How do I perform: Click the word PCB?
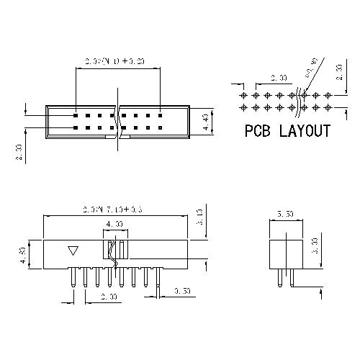[x=258, y=131]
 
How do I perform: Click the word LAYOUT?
[x=305, y=131]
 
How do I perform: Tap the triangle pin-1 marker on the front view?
[x=72, y=251]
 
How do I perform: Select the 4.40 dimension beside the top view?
[x=206, y=120]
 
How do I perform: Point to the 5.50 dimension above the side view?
[x=284, y=214]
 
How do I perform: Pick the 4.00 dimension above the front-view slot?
[x=113, y=225]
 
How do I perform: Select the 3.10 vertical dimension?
[x=199, y=217]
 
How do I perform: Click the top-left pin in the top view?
[x=75, y=114]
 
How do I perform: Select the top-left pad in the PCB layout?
[x=244, y=94]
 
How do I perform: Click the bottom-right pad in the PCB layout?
[x=329, y=107]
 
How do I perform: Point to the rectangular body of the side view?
[x=284, y=252]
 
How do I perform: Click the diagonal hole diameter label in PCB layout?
[x=312, y=75]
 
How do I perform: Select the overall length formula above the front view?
[x=113, y=209]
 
